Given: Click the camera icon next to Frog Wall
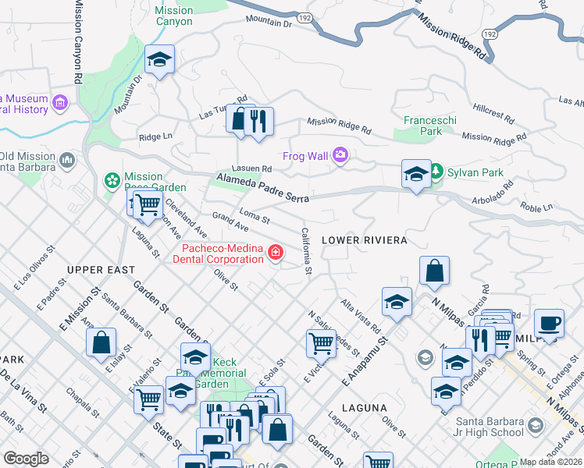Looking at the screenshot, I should pos(340,155).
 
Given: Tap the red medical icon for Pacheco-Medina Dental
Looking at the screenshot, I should pos(275,253).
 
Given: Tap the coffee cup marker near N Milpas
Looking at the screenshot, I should pos(549,323).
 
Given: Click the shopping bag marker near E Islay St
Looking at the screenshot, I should pos(101,342).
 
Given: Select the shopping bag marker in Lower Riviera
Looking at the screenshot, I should pos(434,271).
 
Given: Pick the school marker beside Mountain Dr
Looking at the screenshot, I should pos(160,60).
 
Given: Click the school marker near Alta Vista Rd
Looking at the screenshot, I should pos(397,302).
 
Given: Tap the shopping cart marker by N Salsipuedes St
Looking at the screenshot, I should pos(321,342).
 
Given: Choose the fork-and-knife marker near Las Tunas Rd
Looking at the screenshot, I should pos(258,121).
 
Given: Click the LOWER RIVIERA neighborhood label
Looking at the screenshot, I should pos(364,240).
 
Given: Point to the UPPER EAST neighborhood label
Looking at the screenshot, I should pos(96,270).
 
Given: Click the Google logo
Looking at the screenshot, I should pos(26,458).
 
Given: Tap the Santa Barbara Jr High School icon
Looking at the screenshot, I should pos(535,425).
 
